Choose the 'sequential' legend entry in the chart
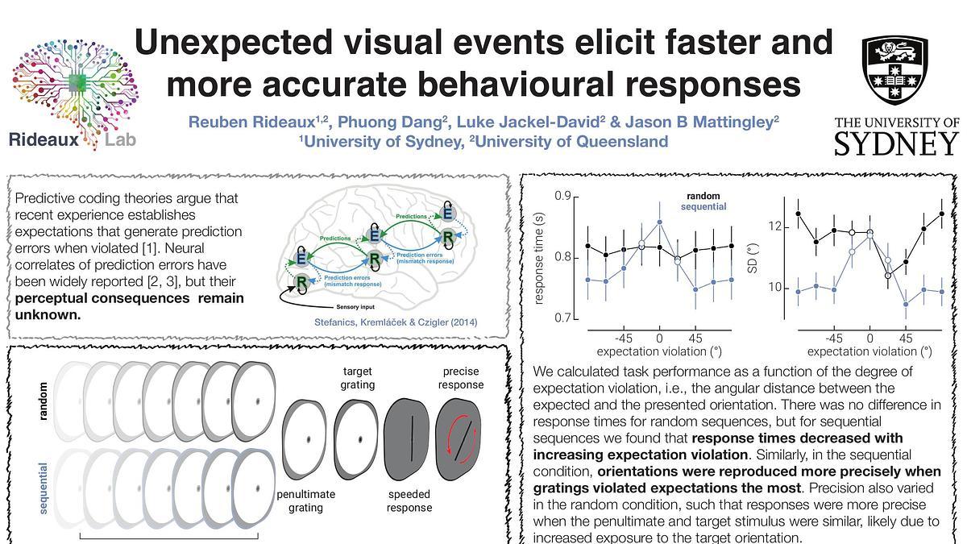(703, 207)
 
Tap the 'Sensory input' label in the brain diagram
(356, 307)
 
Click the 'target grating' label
(357, 378)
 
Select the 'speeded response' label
(409, 500)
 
